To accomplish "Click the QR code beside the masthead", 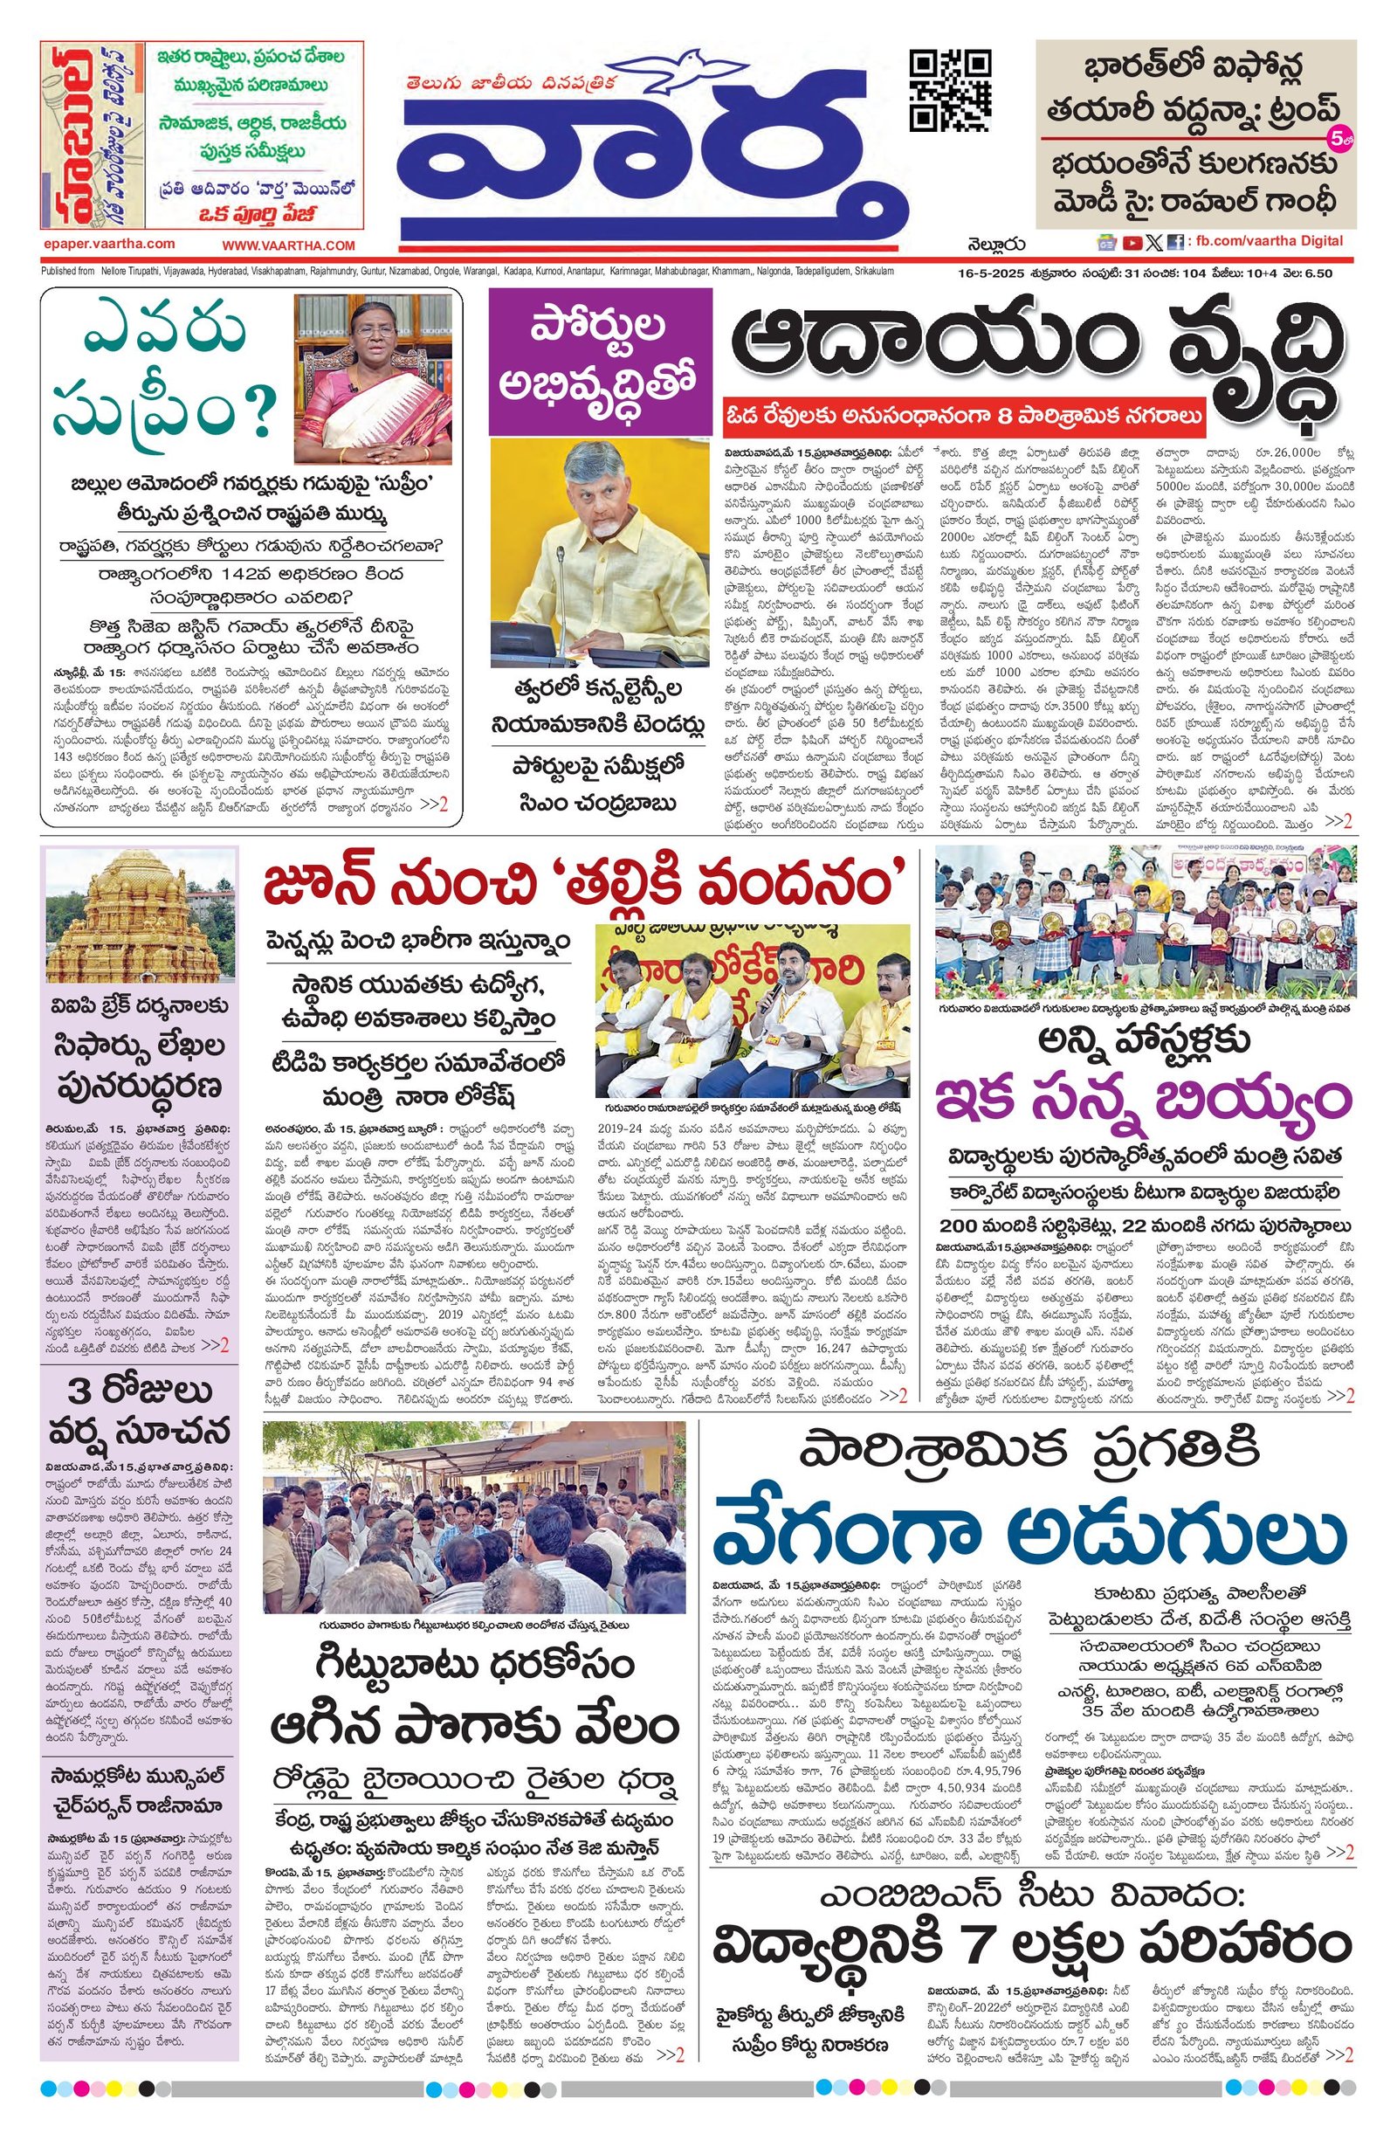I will coord(950,90).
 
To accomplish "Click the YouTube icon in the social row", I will coord(1132,242).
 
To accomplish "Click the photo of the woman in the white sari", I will coord(375,381).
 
